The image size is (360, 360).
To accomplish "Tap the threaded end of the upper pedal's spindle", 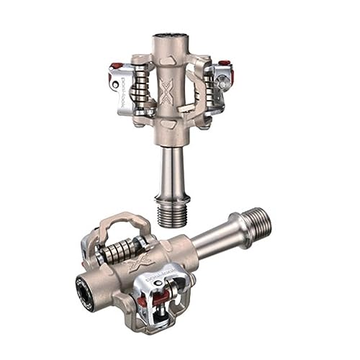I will tap(172, 214).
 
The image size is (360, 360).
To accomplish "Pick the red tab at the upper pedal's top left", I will tap(116, 66).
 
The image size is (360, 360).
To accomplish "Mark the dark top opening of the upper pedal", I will tap(170, 33).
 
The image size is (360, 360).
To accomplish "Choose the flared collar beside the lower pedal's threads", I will tap(240, 228).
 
